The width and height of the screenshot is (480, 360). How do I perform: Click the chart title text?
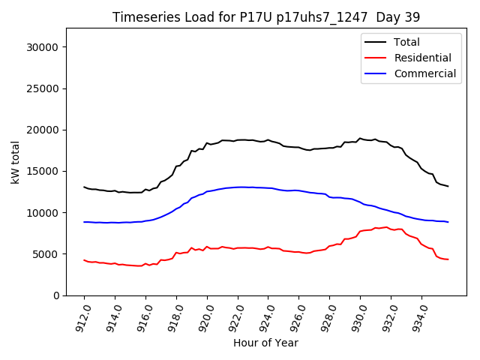click(x=265, y=17)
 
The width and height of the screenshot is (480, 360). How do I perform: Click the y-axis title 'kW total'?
click(x=16, y=162)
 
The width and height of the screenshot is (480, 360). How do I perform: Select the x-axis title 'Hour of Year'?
click(x=265, y=343)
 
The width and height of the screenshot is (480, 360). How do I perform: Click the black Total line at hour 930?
click(x=360, y=139)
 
